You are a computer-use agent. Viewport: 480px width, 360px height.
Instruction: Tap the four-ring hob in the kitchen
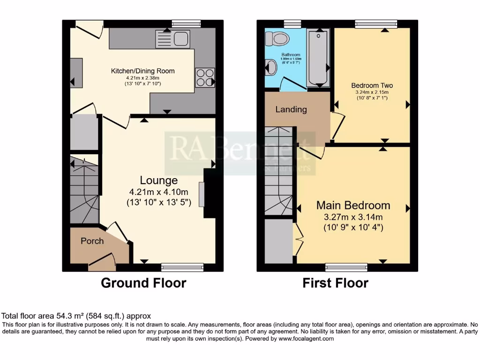tap(204, 77)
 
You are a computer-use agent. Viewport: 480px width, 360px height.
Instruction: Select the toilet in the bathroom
tap(280, 37)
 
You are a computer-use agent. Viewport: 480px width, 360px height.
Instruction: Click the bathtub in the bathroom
tap(319, 58)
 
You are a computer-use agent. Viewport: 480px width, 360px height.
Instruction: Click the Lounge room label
tap(159, 180)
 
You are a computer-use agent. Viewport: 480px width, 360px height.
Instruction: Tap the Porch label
tap(92, 241)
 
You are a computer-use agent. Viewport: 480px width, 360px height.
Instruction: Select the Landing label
tap(291, 110)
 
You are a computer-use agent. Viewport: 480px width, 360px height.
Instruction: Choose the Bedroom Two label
tap(372, 86)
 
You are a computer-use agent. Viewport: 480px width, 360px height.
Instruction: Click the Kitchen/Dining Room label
tap(142, 71)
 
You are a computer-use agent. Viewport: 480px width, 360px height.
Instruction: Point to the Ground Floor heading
tap(143, 283)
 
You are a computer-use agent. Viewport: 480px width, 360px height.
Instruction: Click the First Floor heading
tap(335, 283)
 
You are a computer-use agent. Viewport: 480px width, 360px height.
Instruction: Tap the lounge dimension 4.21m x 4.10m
tap(159, 192)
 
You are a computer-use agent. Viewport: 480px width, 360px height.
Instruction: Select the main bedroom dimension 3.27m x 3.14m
tap(353, 217)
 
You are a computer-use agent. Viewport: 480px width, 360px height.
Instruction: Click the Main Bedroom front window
tap(346, 267)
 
